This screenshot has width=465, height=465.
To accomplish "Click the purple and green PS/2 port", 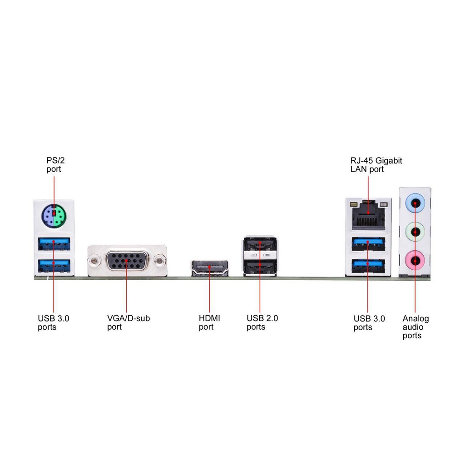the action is click(54, 216).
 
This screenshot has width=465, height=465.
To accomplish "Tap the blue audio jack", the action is click(415, 203).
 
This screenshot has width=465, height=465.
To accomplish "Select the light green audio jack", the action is click(415, 232).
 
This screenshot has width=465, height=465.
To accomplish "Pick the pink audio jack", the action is click(415, 260).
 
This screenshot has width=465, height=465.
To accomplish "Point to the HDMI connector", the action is click(210, 268).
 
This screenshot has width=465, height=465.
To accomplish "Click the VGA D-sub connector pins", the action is click(127, 260).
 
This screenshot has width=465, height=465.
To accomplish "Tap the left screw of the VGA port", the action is click(94, 261).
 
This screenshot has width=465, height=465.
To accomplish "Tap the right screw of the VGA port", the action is click(159, 261).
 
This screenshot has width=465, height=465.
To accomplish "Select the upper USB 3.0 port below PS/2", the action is click(54, 244).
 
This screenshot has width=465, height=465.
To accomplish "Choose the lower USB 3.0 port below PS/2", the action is click(54, 266).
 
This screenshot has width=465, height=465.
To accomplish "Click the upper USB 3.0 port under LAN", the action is click(368, 244).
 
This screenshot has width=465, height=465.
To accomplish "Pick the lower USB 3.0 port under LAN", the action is click(368, 266).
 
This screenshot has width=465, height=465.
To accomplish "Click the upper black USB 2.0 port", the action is click(260, 244).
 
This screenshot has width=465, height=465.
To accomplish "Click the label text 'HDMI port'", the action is click(209, 323).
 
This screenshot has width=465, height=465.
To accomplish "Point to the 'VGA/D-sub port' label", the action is click(129, 323).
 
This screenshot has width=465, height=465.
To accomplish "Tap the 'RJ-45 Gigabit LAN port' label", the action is click(376, 165).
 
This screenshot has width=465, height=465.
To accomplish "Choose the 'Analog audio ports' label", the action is click(416, 327).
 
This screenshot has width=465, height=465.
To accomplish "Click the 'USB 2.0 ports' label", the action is click(262, 323).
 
